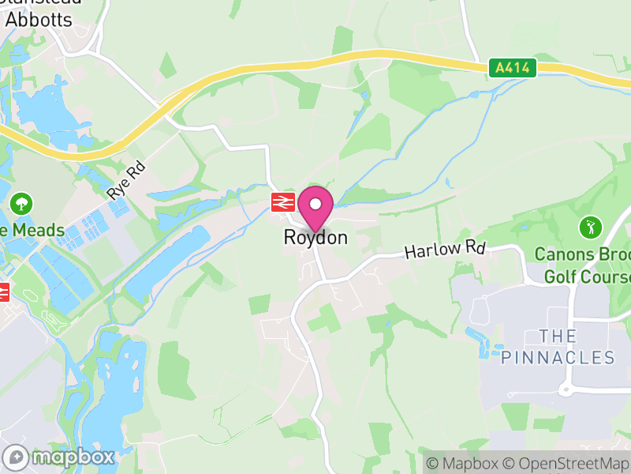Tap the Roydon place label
point(315,237)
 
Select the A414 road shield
point(512,69)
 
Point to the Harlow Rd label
point(444,250)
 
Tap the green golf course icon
point(589,228)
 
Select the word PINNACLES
point(558,358)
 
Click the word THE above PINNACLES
point(558,336)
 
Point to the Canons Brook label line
point(582,255)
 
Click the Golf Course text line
point(587,277)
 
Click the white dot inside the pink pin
point(315,204)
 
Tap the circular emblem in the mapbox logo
point(16,457)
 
